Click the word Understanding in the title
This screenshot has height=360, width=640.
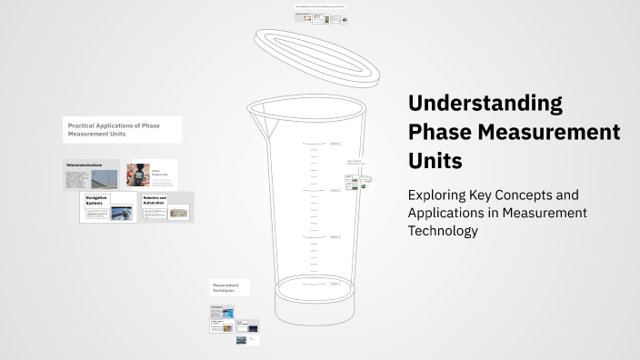[x=485, y=102]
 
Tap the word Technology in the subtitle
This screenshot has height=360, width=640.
[x=443, y=231]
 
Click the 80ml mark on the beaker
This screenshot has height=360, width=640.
[x=335, y=144]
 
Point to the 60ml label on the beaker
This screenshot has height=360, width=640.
[x=335, y=190]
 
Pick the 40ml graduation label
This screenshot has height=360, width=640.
[x=335, y=237]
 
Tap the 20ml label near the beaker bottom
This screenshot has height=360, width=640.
[x=335, y=284]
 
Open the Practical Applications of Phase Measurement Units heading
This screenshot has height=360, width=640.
[x=122, y=129]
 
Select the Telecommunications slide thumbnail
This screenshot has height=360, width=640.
[x=90, y=175]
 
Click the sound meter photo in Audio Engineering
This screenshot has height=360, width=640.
[x=138, y=175]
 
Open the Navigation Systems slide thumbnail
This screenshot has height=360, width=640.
[x=108, y=206]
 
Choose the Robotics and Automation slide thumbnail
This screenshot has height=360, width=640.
[x=166, y=206]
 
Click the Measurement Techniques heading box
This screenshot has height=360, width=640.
[x=229, y=287]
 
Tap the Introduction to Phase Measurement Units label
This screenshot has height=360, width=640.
[x=320, y=6]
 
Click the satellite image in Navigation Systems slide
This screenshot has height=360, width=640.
[x=121, y=213]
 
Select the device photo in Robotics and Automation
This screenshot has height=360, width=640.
[x=178, y=214]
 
